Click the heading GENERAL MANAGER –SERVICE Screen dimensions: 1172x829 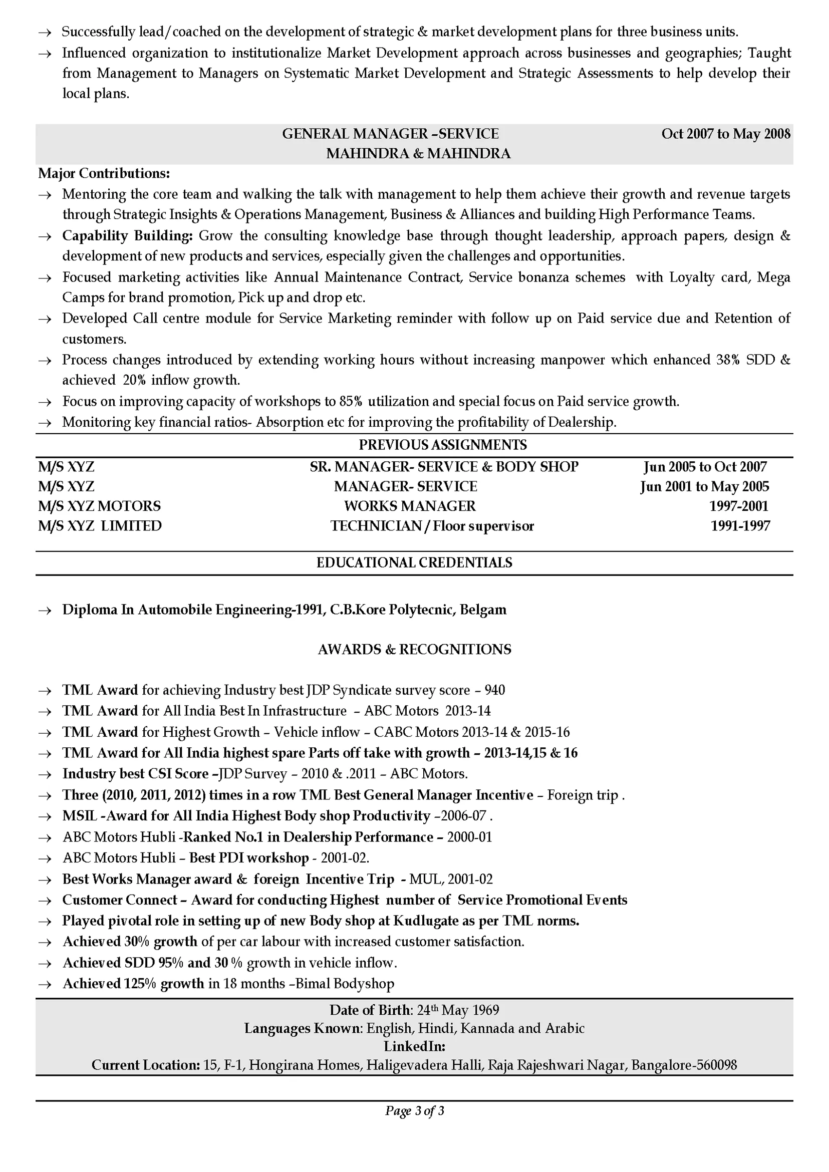[390, 134]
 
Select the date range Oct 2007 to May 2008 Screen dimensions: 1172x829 [725, 134]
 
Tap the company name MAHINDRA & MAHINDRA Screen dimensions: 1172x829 [418, 154]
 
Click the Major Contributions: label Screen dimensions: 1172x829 [104, 174]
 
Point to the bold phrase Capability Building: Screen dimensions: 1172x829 [127, 236]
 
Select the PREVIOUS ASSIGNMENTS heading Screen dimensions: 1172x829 [443, 445]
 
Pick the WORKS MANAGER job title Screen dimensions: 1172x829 [409, 506]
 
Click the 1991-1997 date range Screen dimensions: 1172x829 [740, 526]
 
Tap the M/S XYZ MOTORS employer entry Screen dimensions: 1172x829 [99, 506]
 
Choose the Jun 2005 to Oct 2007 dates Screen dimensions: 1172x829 [704, 467]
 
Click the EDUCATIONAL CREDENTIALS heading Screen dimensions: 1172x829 [414, 562]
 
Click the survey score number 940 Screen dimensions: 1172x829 [494, 690]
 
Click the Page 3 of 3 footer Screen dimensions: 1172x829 [415, 1111]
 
